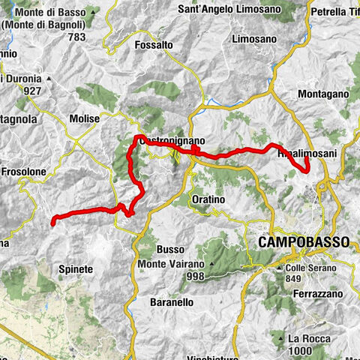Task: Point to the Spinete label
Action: (x=75, y=268)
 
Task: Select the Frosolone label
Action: (x=23, y=172)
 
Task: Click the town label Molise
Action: (x=84, y=118)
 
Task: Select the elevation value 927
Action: (x=30, y=91)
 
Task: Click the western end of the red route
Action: (x=52, y=220)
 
